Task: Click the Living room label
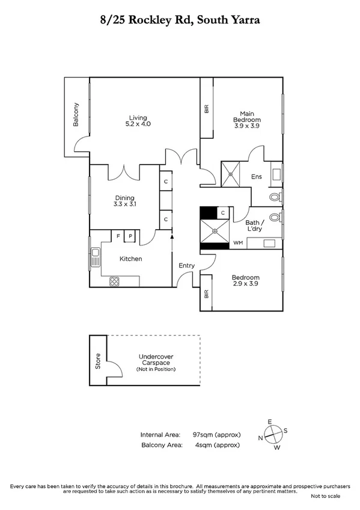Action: pos(138,121)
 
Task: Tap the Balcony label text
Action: pos(76,115)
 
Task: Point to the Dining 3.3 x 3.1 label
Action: pos(125,201)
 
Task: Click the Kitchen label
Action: pos(130,259)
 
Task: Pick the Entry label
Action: pos(186,265)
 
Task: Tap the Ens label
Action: pos(256,177)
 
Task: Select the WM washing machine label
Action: pos(238,244)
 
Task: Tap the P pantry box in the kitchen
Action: pos(130,236)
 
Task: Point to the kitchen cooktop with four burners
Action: pos(115,281)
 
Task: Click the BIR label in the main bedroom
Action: pos(207,109)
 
